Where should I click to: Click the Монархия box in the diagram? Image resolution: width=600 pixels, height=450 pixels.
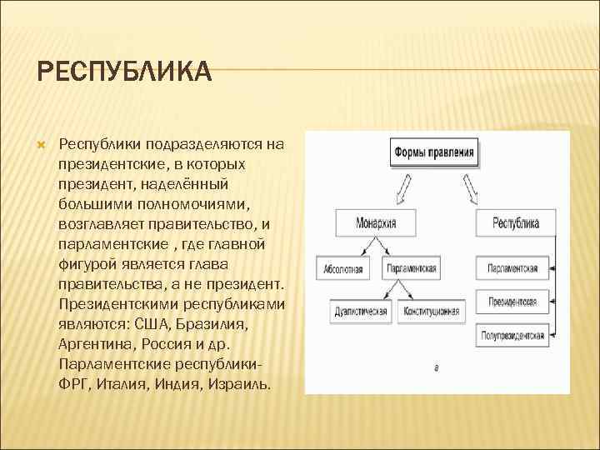(376, 222)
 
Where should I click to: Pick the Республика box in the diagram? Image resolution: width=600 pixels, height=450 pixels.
(516, 222)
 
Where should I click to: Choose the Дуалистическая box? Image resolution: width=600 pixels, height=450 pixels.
(360, 312)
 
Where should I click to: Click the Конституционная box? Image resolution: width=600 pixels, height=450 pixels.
(432, 312)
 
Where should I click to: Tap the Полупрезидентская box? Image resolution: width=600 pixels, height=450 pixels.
(513, 337)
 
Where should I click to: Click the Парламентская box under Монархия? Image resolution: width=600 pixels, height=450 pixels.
(411, 269)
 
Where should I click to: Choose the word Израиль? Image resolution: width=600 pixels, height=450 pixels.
(237, 383)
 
